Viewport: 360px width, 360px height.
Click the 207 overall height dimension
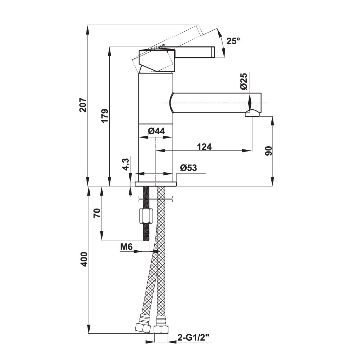coord(83,105)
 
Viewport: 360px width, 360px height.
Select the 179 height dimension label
coord(105,116)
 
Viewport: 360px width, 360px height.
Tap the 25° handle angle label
coord(233,41)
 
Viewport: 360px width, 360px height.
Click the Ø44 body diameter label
coord(156,131)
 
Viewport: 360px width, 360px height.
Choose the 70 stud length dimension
coord(97,213)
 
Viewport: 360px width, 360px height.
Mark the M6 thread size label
coord(126,247)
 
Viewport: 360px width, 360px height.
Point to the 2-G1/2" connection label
coord(193,338)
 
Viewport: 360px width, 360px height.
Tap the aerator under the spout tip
coord(252,113)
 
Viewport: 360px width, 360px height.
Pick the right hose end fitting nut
coord(161,330)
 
